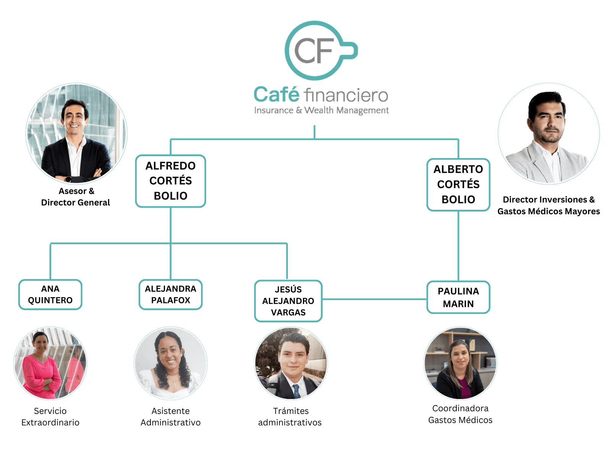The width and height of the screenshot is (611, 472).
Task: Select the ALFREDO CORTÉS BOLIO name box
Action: (x=171, y=181)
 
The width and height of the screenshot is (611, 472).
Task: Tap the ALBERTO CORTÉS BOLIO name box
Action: (x=458, y=184)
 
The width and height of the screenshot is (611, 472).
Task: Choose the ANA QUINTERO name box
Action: (x=50, y=294)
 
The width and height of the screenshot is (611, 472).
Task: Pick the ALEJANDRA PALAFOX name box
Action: (x=171, y=294)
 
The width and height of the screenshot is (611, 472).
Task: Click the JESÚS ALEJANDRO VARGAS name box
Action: (x=288, y=301)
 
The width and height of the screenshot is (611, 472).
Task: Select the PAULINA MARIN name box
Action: (x=458, y=297)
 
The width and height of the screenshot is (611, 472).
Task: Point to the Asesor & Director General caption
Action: (x=76, y=197)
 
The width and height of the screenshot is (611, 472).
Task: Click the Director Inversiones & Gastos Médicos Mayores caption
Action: (x=548, y=205)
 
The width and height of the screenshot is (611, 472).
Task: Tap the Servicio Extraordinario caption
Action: (x=50, y=417)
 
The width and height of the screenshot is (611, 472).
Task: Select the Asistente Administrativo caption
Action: (x=171, y=417)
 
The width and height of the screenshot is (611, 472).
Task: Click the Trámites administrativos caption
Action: (x=290, y=417)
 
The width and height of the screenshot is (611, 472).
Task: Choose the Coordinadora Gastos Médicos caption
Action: (x=460, y=414)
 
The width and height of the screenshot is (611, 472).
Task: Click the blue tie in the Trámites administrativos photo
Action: (x=296, y=391)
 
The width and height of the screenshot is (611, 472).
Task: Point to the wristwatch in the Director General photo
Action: (x=68, y=179)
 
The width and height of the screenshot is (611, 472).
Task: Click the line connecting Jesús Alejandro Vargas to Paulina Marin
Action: (x=374, y=300)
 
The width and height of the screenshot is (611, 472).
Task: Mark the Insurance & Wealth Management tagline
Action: (x=321, y=110)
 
